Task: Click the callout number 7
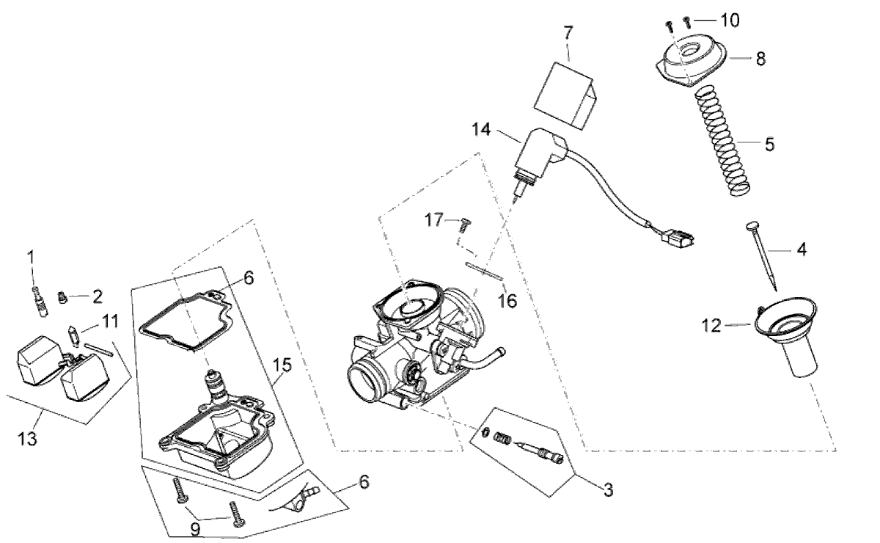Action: pyautogui.click(x=569, y=33)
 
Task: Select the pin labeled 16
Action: pyautogui.click(x=484, y=271)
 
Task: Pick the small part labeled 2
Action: pyautogui.click(x=65, y=297)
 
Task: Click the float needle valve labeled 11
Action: pyautogui.click(x=73, y=334)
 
